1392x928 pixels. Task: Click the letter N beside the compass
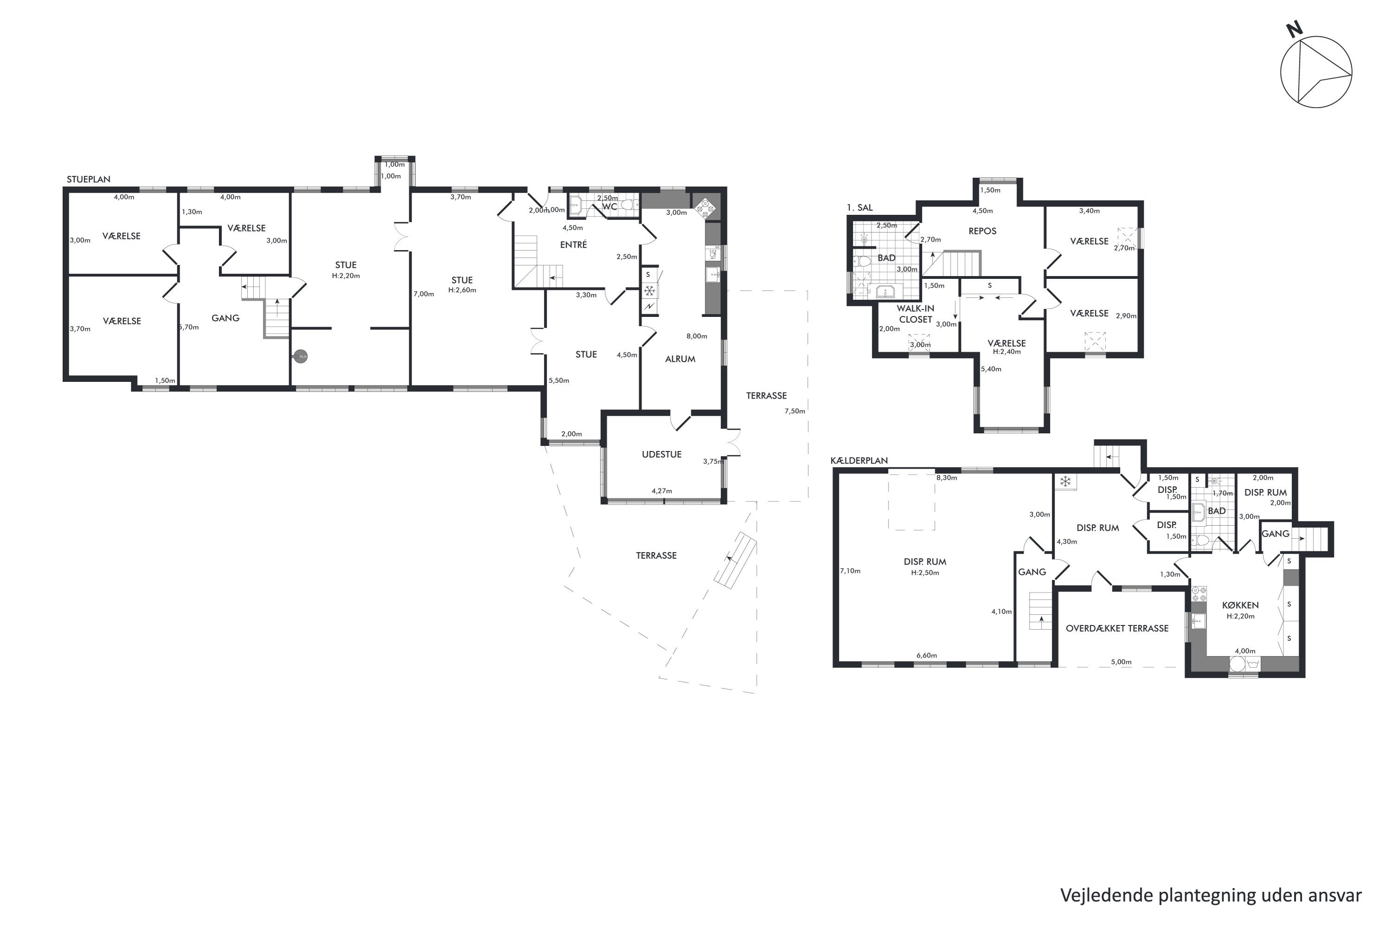1295,30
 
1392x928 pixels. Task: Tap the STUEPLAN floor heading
88,179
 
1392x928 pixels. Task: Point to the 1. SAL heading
859,208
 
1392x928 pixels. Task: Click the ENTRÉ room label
574,245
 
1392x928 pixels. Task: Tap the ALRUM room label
680,359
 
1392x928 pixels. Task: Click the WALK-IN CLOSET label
915,314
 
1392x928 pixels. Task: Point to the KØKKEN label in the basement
1240,606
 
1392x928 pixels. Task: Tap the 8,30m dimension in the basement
947,477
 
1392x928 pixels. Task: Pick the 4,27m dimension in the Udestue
662,490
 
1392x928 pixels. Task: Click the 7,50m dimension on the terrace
795,411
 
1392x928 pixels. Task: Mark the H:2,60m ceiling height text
462,290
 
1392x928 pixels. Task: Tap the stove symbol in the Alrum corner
705,208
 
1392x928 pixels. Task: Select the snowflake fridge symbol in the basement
1065,482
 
